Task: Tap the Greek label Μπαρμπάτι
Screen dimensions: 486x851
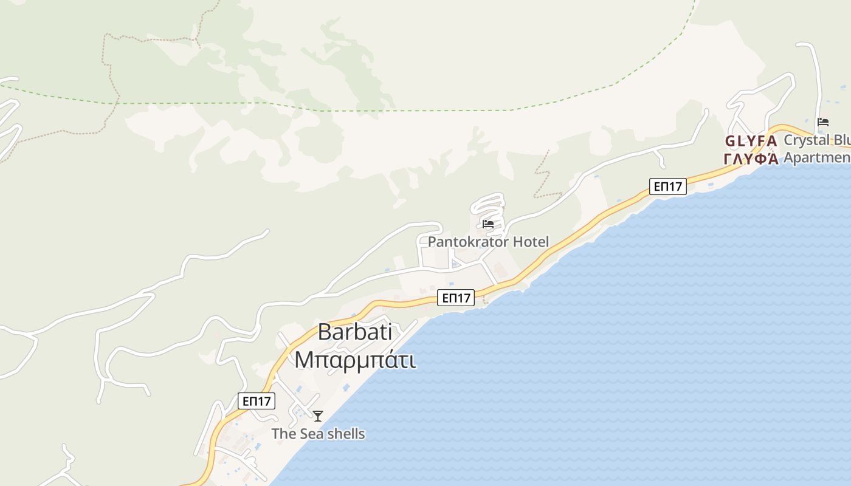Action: click(x=355, y=360)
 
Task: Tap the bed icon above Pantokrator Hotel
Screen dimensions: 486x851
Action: click(x=488, y=224)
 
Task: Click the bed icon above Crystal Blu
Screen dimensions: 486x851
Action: click(x=823, y=122)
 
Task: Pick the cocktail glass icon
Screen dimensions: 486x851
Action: click(x=318, y=416)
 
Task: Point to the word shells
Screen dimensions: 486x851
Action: click(x=343, y=434)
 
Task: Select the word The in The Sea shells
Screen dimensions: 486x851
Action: click(x=283, y=434)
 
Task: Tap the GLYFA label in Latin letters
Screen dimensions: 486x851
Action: click(x=751, y=142)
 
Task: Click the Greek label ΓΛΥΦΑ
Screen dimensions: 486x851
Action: click(x=751, y=159)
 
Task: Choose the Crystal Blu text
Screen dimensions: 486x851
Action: click(x=817, y=140)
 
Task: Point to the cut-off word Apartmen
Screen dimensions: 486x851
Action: click(x=817, y=158)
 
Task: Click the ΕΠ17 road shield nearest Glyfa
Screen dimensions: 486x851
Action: click(x=667, y=187)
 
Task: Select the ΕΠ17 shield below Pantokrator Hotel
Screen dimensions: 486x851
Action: click(x=456, y=298)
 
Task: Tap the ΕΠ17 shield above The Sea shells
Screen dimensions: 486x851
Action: click(x=256, y=401)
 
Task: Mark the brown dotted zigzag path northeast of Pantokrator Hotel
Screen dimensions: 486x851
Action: click(x=543, y=176)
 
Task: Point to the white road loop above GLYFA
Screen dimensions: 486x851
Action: click(x=763, y=97)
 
